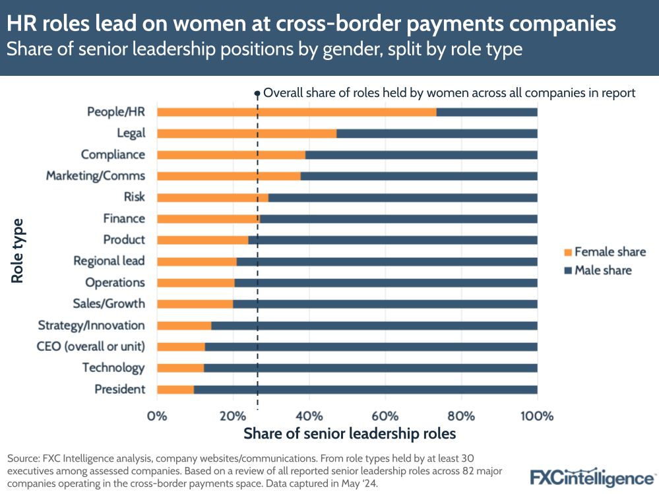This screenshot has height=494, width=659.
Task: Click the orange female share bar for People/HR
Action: [296, 112]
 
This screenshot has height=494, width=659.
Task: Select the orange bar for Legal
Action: [246, 133]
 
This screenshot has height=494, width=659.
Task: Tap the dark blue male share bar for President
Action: [365, 389]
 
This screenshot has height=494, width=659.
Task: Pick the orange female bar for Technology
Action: [180, 368]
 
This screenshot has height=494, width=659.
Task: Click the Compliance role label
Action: [113, 154]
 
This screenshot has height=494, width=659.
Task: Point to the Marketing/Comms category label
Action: [95, 176]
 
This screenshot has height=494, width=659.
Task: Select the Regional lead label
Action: [109, 261]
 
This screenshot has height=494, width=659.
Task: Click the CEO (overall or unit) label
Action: [92, 346]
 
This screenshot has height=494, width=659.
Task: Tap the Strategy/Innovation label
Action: [91, 325]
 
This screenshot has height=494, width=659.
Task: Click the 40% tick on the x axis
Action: [309, 416]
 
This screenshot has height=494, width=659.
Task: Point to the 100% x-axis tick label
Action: [537, 416]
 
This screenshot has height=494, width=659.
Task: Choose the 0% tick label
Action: [157, 416]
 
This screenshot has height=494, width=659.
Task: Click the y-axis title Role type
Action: [18, 251]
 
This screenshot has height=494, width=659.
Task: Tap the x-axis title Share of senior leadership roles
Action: [350, 434]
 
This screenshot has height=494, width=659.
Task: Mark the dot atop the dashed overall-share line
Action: [257, 94]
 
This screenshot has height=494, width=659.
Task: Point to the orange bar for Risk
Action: [212, 197]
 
